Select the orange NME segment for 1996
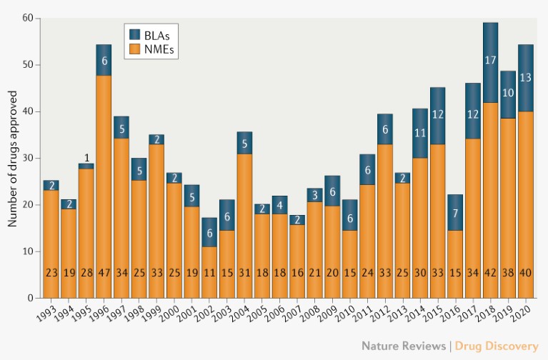(x=104, y=186)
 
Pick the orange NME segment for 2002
(x=209, y=271)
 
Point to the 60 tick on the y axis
(x=29, y=18)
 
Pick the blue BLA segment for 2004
(x=244, y=142)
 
